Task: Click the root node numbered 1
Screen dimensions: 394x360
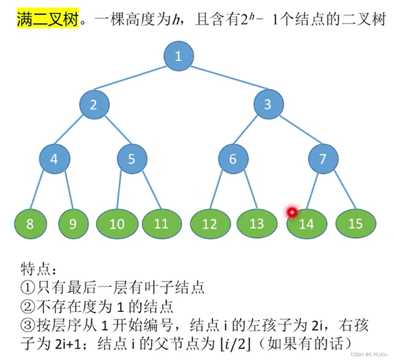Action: (178, 57)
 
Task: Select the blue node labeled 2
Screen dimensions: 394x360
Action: (94, 105)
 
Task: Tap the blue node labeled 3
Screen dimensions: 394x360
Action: (268, 105)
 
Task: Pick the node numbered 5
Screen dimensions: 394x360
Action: (132, 159)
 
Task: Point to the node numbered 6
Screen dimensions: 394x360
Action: (233, 159)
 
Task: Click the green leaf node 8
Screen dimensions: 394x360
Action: (30, 224)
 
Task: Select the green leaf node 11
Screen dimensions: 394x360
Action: (161, 224)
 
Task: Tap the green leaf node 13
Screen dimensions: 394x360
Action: (256, 224)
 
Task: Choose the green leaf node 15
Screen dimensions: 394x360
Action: (356, 224)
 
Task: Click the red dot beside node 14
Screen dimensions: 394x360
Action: (292, 212)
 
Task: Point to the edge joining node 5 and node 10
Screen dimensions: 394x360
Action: (119, 189)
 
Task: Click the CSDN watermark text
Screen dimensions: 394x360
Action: (369, 354)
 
